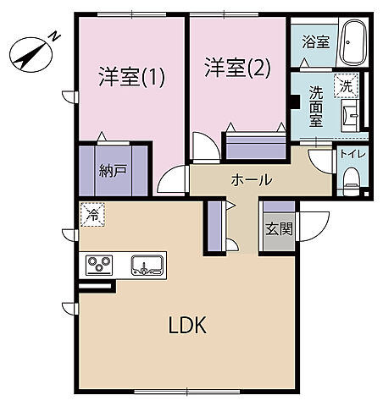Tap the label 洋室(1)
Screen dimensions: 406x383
(132, 77)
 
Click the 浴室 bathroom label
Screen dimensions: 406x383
(316, 41)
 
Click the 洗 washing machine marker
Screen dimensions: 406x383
(346, 85)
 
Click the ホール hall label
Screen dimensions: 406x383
(252, 179)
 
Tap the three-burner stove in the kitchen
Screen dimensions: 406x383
(99, 265)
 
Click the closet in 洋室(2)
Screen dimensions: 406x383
(255, 145)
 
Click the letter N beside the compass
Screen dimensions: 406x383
(53, 36)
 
